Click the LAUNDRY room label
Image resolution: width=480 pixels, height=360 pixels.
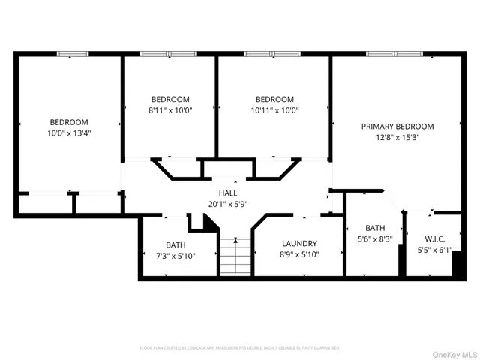[x=299, y=244]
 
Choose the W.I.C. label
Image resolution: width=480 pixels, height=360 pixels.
[x=434, y=240]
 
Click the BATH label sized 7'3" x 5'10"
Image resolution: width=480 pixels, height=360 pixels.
[x=175, y=245]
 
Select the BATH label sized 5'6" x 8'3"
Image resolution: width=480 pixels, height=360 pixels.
[x=374, y=228]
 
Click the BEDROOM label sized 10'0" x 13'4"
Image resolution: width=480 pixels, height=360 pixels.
[x=69, y=122]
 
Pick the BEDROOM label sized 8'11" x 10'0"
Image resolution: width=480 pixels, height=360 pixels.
[x=170, y=99]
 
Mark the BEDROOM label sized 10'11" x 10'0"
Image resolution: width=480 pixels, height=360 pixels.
[x=274, y=99]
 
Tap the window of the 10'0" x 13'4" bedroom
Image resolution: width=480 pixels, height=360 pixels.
[x=73, y=54]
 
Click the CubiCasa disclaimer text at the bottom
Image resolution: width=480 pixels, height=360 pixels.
[x=239, y=348]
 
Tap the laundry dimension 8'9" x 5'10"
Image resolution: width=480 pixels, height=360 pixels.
[x=299, y=254]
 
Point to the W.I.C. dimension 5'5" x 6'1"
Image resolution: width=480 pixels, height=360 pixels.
[x=434, y=250]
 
